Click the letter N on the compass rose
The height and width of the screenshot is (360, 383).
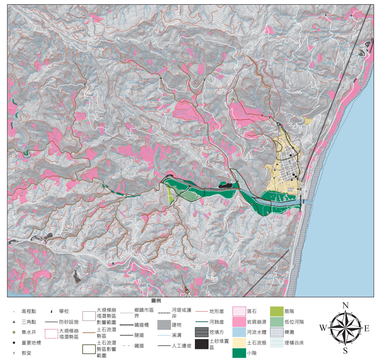click(345, 305)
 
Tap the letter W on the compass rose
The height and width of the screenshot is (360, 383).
click(323, 328)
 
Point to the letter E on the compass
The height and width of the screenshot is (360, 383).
click(367, 328)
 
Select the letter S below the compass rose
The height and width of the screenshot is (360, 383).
click(345, 351)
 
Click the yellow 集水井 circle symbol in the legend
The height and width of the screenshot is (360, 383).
click(14, 332)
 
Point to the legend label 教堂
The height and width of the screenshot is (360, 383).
click(26, 353)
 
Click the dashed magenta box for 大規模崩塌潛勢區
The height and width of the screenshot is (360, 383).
click(51, 333)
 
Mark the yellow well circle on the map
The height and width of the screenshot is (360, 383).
click(232, 99)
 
